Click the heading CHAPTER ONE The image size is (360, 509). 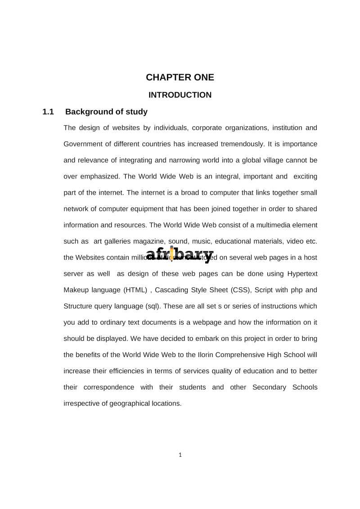point(180,77)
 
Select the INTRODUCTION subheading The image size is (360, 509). point(180,95)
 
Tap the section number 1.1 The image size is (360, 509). point(48,112)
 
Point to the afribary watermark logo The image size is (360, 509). point(180,254)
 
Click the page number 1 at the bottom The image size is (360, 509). point(180,455)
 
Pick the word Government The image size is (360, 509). point(83,144)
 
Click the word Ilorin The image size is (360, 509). point(206,355)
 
